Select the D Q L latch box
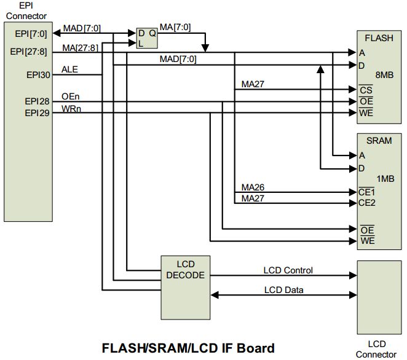point(147,38)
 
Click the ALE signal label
point(70,69)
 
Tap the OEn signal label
point(71,96)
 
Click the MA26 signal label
point(252,187)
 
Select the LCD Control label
point(288,270)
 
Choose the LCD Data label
point(283,290)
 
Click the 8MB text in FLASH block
point(384,75)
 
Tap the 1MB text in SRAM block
point(384,178)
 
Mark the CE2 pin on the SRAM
point(367,203)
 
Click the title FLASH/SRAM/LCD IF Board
point(188,348)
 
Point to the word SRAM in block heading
point(379,141)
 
